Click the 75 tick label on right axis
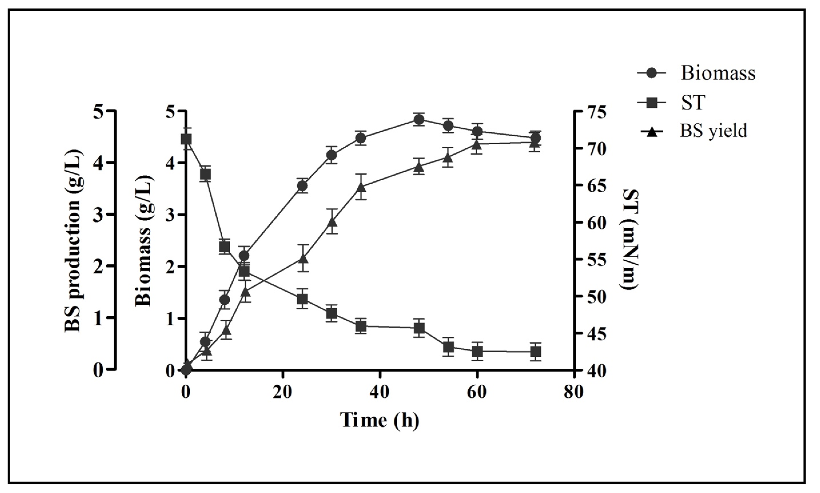[x=596, y=111]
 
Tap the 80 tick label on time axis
[x=574, y=392]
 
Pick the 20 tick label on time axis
[x=282, y=392]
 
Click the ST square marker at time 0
[x=186, y=139]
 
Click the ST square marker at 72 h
[x=535, y=351]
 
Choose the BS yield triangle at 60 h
[x=477, y=145]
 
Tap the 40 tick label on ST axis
[x=596, y=371]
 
